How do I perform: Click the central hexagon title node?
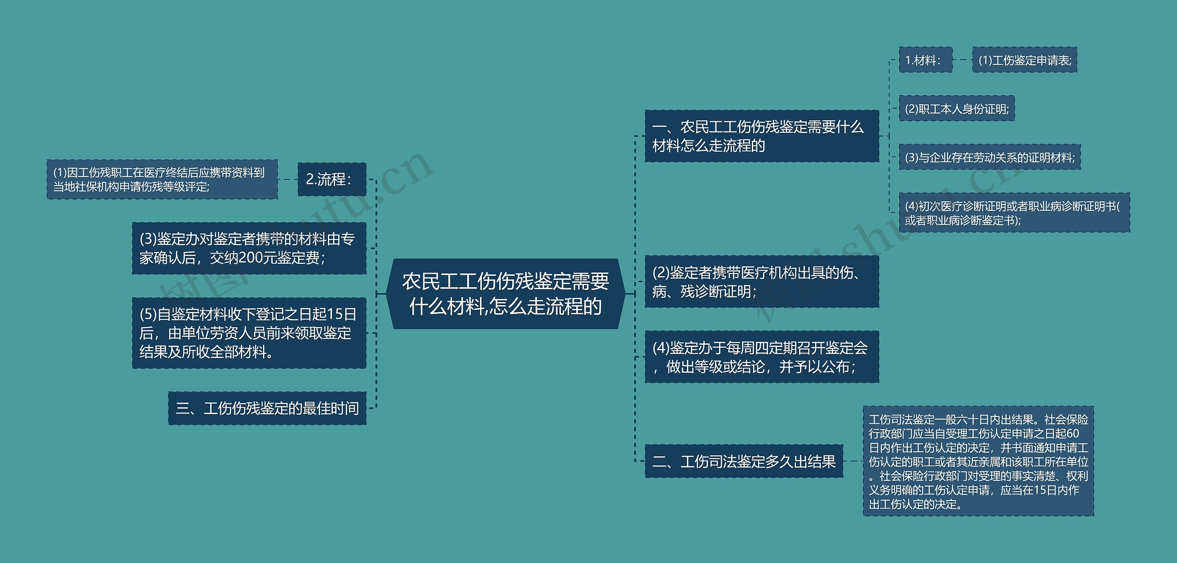pyautogui.click(x=505, y=294)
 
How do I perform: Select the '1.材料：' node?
pyautogui.click(x=925, y=60)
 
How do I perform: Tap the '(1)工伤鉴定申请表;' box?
pyautogui.click(x=1024, y=60)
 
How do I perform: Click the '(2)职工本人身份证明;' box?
pyautogui.click(x=956, y=109)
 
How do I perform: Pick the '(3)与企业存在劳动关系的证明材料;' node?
pyautogui.click(x=989, y=158)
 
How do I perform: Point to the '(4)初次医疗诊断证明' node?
pyautogui.click(x=1014, y=213)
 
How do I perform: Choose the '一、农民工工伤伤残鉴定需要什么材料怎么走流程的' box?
pyautogui.click(x=761, y=136)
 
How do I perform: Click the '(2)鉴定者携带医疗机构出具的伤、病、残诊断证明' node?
pyautogui.click(x=761, y=282)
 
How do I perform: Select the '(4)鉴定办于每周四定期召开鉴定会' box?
pyautogui.click(x=761, y=357)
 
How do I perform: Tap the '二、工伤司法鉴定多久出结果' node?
pyautogui.click(x=744, y=461)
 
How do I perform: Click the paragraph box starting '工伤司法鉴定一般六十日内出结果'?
pyautogui.click(x=978, y=461)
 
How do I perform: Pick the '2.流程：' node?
pyautogui.click(x=331, y=179)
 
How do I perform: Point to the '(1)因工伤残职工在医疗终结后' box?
pyautogui.click(x=162, y=179)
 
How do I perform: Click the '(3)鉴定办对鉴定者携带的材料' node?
pyautogui.click(x=249, y=249)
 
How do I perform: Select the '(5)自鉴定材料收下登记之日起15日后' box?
pyautogui.click(x=249, y=333)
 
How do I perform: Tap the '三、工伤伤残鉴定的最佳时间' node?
pyautogui.click(x=267, y=408)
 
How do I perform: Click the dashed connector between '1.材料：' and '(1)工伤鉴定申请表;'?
pyautogui.click(x=962, y=60)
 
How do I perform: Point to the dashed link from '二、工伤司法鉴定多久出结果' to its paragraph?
pyautogui.click(x=853, y=461)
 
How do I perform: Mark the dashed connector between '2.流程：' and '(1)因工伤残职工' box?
pyautogui.click(x=287, y=179)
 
